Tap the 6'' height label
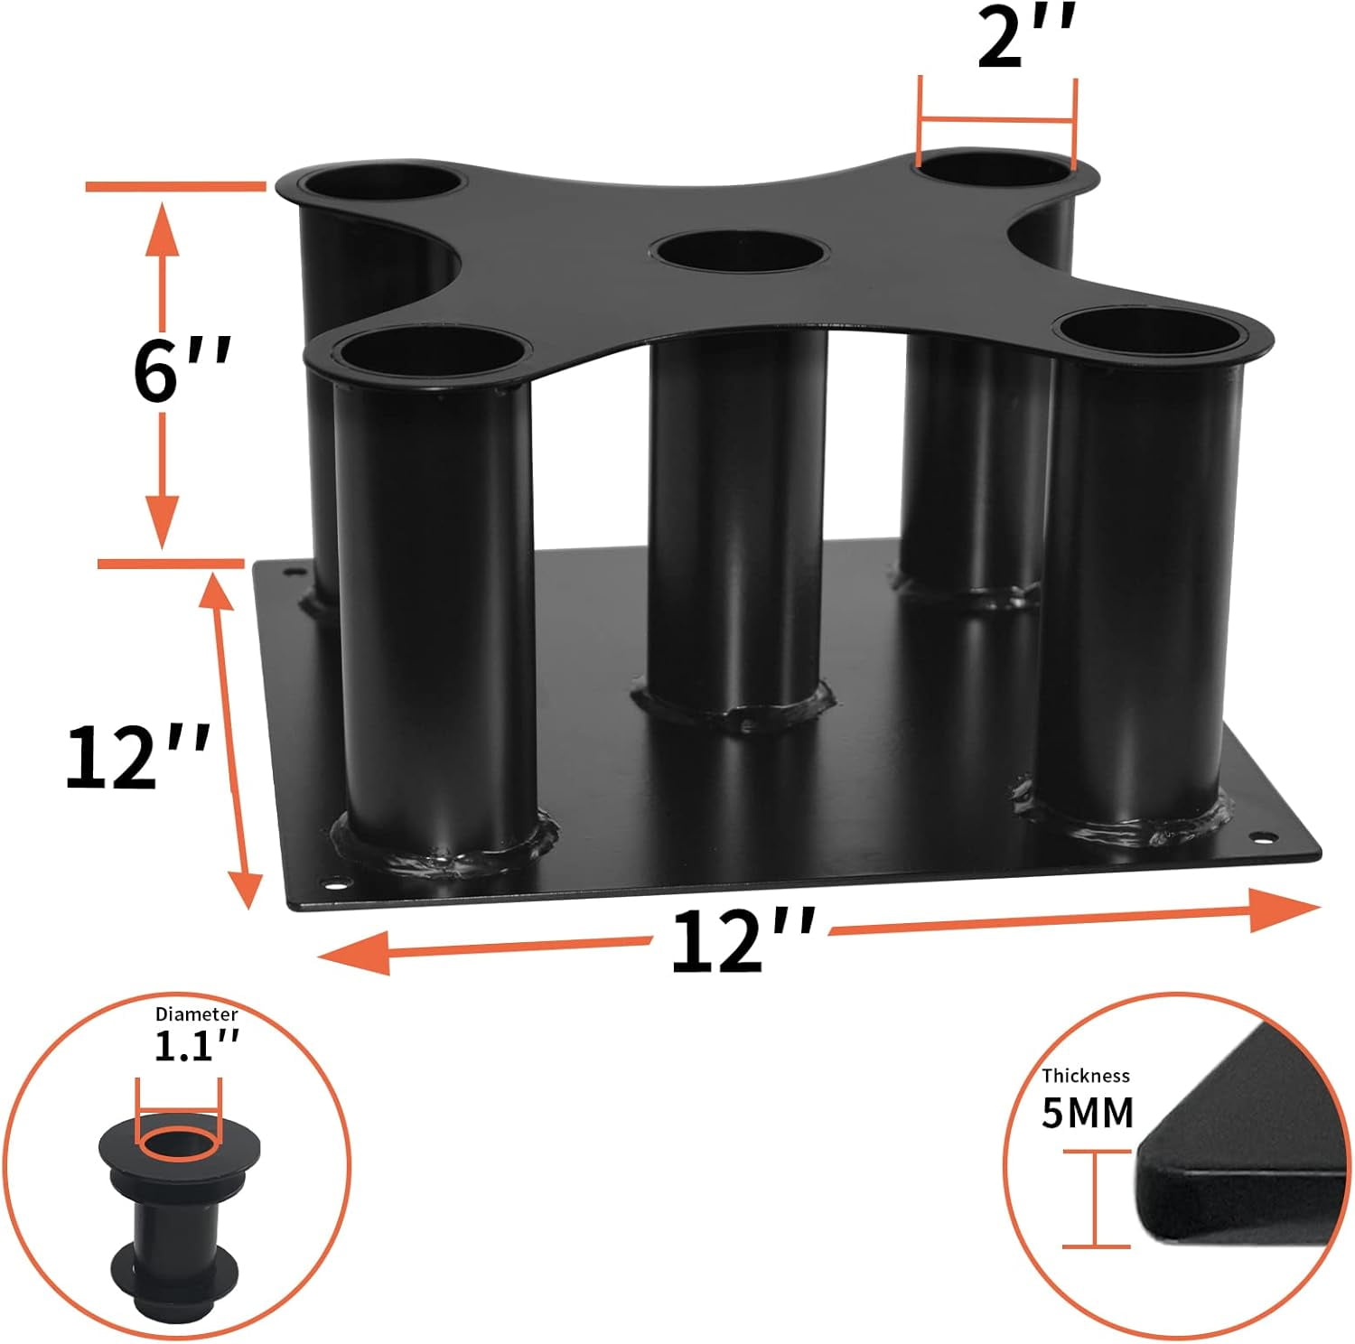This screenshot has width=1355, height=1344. click(x=182, y=370)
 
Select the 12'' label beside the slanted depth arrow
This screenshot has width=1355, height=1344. click(x=136, y=757)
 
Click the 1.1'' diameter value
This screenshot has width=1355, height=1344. click(x=196, y=1046)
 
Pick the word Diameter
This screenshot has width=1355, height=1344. click(x=196, y=1014)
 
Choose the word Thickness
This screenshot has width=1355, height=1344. click(x=1085, y=1076)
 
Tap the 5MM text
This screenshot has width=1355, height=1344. click(x=1087, y=1113)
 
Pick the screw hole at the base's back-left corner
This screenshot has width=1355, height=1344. click(x=293, y=572)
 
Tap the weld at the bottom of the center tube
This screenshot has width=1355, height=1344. click(x=734, y=709)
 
